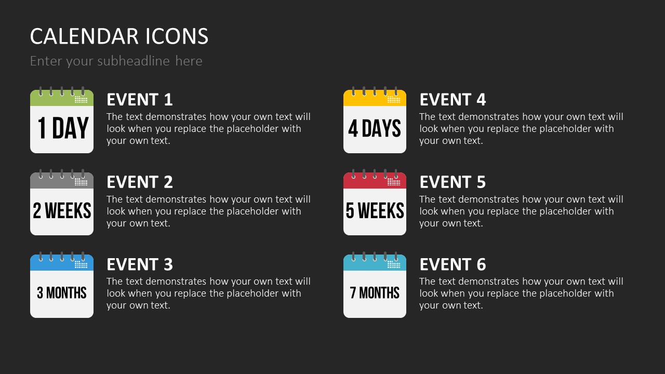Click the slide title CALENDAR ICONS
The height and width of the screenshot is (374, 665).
[x=119, y=36]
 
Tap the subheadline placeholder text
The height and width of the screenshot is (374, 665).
[x=116, y=61]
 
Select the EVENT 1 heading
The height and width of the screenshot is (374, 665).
[x=140, y=99]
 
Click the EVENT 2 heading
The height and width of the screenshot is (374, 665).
[x=140, y=182]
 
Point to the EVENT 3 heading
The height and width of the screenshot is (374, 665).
[x=140, y=264]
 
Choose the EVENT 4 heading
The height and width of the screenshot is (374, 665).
[x=453, y=99]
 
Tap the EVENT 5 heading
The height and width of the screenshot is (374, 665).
[x=453, y=182]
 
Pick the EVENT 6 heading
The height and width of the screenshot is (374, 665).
[x=453, y=264]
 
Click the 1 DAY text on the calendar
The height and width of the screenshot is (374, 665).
[x=63, y=128]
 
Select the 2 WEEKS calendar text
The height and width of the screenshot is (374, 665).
[x=62, y=210]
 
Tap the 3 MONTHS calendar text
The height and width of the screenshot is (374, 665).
[x=62, y=292]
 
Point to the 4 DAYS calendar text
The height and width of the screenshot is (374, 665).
[x=375, y=128]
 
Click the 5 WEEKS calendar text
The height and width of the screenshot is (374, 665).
[x=375, y=210]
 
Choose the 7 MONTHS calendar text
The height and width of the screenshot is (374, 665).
[x=375, y=292]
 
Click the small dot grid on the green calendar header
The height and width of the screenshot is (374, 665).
[x=81, y=100]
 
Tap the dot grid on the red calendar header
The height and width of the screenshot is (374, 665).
[x=394, y=182]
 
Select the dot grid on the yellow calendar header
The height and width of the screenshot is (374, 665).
[x=394, y=100]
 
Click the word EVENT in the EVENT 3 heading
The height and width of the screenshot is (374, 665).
[x=132, y=264]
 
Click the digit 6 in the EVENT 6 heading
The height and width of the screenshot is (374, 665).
[x=481, y=264]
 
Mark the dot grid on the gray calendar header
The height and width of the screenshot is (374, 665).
[x=81, y=182]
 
